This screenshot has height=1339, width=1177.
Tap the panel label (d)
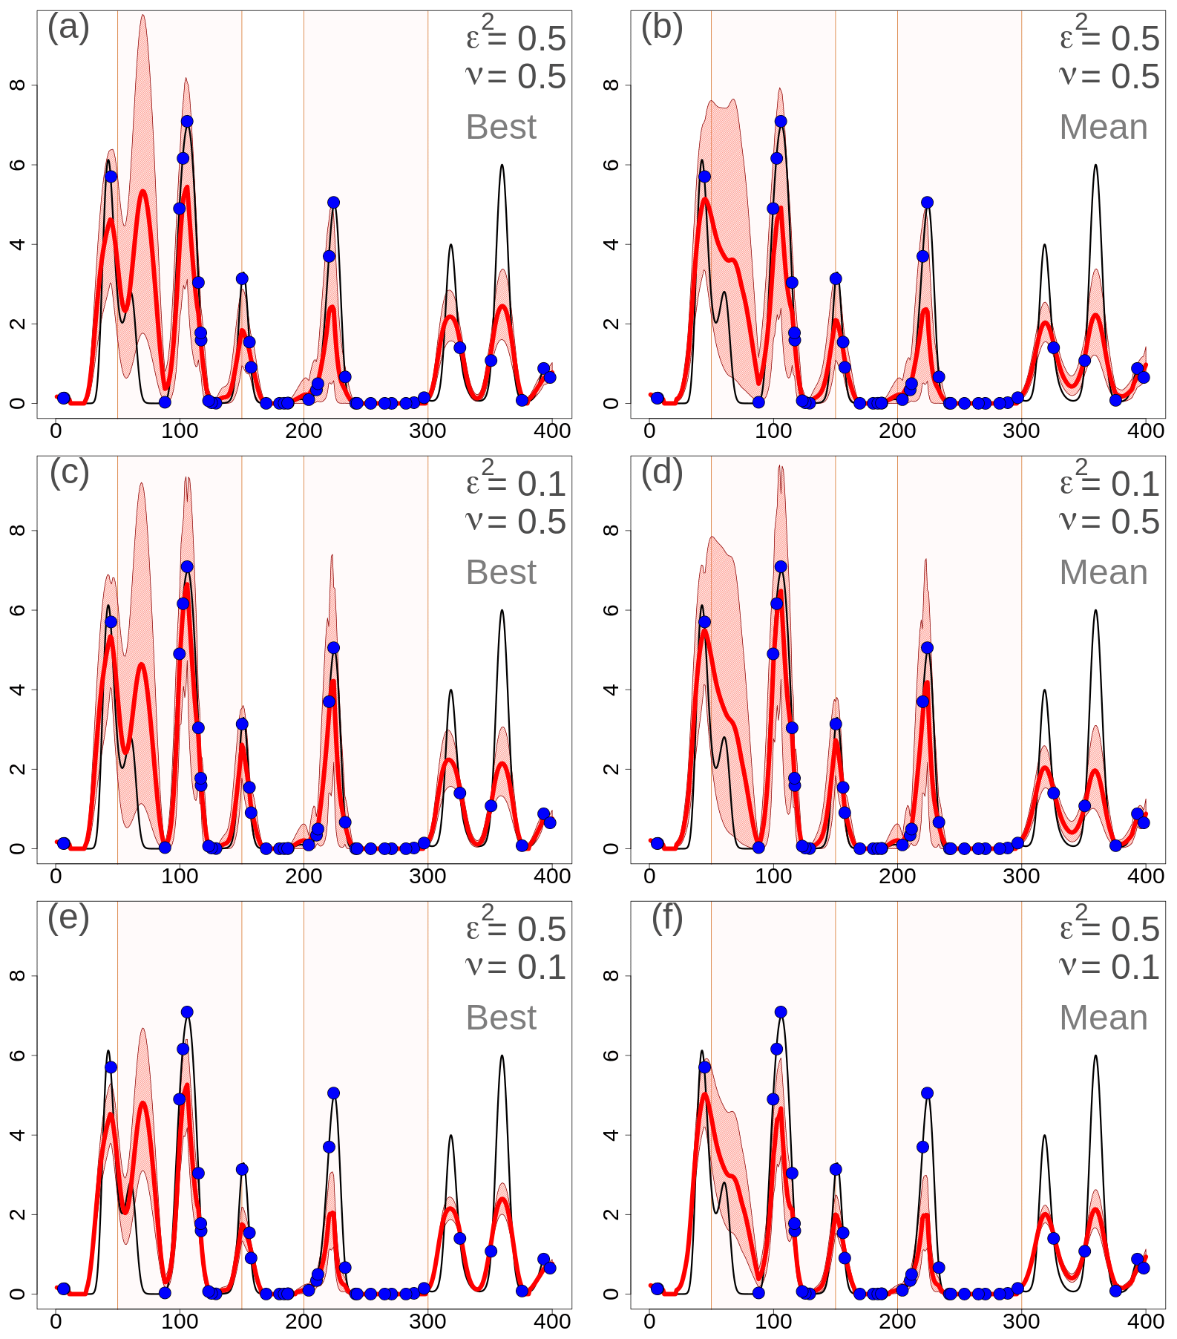click(662, 473)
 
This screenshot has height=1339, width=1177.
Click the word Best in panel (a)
click(501, 127)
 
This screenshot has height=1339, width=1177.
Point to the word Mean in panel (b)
click(1103, 127)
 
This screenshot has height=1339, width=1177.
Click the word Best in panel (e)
click(501, 1018)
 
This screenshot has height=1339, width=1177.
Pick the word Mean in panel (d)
click(1103, 572)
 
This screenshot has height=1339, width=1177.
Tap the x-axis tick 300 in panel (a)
click(427, 431)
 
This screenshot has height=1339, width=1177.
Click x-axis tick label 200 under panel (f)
click(897, 1322)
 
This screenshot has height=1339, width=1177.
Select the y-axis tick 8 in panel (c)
click(16, 530)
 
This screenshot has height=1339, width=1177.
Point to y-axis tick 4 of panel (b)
click(610, 243)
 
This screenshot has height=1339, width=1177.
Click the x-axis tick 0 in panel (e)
click(56, 1322)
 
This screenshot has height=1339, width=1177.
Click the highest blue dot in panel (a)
click(187, 121)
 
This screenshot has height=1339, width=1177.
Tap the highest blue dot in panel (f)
click(781, 1012)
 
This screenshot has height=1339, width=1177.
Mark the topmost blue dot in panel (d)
click(781, 566)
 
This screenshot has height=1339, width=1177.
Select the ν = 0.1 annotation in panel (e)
click(516, 967)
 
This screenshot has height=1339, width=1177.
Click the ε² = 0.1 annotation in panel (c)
click(516, 483)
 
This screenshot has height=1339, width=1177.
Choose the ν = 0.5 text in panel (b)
click(1109, 76)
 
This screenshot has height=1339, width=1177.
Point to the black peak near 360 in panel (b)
click(1095, 166)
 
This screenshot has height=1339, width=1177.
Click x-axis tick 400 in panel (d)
click(1145, 877)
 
